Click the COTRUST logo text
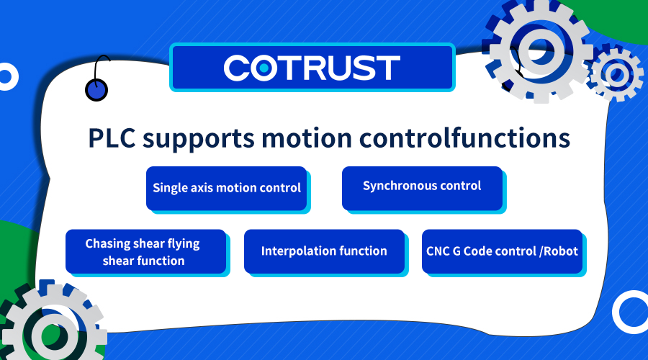[x=312, y=68]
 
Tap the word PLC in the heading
[x=112, y=138]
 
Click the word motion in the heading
[x=306, y=138]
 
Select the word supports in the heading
[x=199, y=140]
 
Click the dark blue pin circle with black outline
[x=96, y=90]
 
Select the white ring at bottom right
[x=616, y=312]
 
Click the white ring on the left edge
[x=15, y=77]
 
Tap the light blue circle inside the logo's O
[x=264, y=68]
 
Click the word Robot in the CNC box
[x=560, y=251]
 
